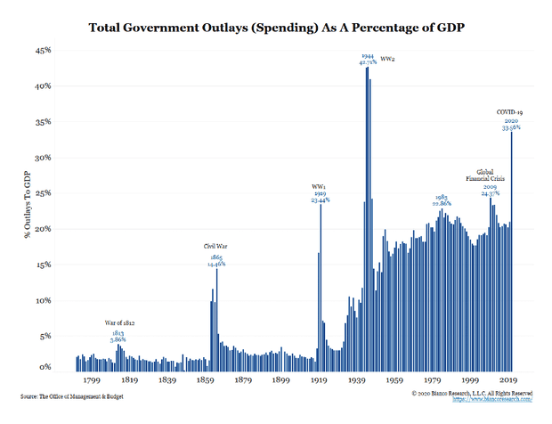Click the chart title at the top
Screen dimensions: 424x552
pyautogui.click(x=276, y=28)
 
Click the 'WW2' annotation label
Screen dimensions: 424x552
pyautogui.click(x=389, y=59)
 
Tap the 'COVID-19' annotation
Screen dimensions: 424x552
pyautogui.click(x=512, y=111)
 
